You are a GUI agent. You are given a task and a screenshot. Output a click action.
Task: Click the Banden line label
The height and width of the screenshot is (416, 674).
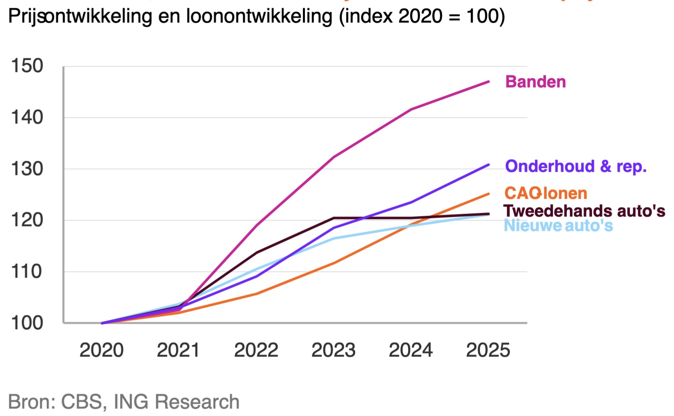535,82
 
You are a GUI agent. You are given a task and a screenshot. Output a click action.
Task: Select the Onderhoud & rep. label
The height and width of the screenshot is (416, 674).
575,166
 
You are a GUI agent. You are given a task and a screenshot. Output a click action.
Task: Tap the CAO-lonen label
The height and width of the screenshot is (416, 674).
545,194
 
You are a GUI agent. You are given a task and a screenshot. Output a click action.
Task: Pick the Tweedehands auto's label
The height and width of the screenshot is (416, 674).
584,211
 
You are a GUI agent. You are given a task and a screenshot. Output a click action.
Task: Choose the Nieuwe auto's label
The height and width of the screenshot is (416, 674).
558,226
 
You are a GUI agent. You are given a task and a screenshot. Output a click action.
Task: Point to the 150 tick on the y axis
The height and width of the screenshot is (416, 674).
27,66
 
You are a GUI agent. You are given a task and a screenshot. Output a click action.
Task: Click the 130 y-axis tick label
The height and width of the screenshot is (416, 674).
27,169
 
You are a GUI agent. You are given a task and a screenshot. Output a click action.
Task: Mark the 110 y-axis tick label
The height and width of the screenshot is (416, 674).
27,272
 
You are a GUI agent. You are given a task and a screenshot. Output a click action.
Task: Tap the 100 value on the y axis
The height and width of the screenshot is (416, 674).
27,323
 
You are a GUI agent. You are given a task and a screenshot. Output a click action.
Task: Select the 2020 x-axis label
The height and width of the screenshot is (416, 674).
101,350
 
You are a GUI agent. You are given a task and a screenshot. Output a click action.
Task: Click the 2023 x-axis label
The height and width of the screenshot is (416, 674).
333,350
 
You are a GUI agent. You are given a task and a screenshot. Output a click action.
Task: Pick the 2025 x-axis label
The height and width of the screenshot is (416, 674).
488,350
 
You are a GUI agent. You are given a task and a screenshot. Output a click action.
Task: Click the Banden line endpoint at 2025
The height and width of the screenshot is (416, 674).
488,82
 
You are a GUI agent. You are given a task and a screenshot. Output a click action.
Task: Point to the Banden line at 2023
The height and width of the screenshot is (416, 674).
333,157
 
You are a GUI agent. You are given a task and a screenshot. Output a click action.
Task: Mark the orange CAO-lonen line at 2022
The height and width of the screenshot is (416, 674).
256,294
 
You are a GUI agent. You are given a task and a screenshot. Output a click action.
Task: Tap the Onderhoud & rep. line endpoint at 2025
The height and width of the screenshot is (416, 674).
488,165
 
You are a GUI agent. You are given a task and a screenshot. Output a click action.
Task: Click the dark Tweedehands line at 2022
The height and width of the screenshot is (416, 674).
256,253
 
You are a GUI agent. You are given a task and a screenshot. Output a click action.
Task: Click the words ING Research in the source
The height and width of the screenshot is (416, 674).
176,402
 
